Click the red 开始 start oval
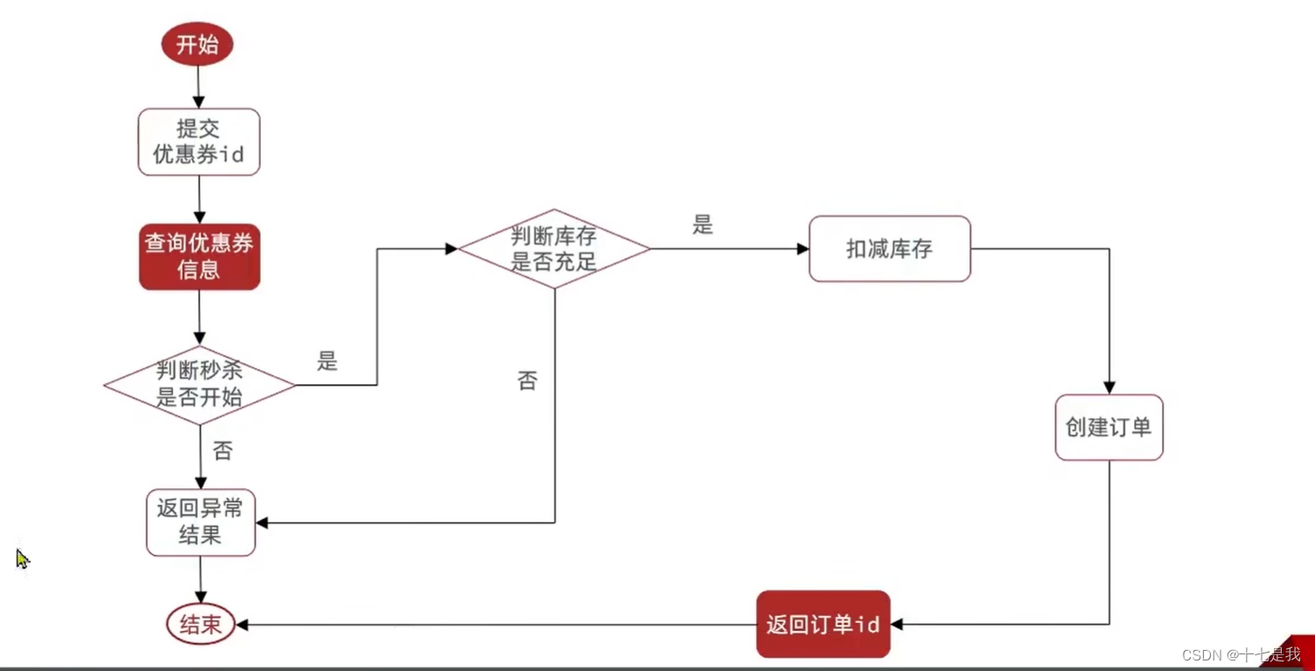[x=197, y=45]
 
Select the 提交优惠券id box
[x=199, y=142]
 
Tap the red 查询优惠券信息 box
[x=199, y=256]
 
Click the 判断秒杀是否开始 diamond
[x=199, y=385]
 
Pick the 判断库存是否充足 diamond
[x=554, y=249]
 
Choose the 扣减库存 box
[x=889, y=249]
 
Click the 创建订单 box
[x=1109, y=427]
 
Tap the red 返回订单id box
[x=822, y=625]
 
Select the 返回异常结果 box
[x=200, y=522]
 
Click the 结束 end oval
[x=200, y=625]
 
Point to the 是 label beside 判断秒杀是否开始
[x=327, y=361]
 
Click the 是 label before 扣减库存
[x=703, y=225]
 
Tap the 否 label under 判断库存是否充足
[x=527, y=381]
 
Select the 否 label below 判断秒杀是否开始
[x=223, y=451]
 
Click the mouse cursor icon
[x=22, y=558]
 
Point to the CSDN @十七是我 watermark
[x=1241, y=654]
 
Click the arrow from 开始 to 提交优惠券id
[x=199, y=87]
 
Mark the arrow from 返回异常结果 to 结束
[x=200, y=579]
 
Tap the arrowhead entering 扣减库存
[x=803, y=249]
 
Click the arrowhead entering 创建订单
[x=1109, y=388]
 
